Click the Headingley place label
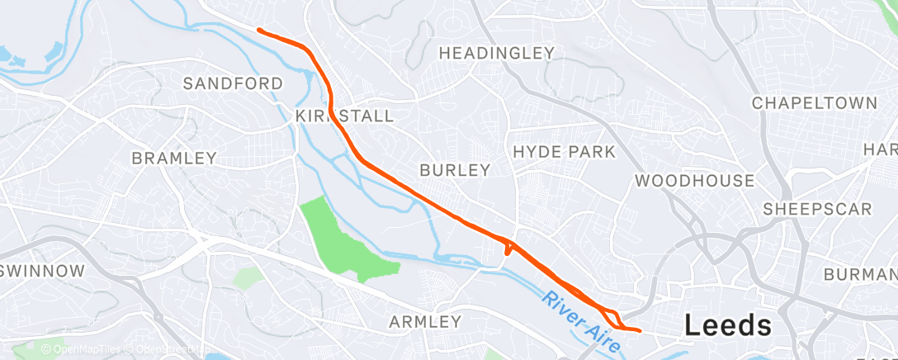coord(496,53)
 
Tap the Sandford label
coord(233,83)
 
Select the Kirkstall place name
coord(345,116)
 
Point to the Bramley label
coord(174,158)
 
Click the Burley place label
coord(455,170)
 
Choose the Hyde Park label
coord(564,152)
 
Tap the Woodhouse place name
coord(694,181)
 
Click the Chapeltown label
coord(814,103)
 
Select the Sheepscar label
coord(817,209)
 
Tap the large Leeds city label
coord(728,325)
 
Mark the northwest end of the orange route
coord(259,30)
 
